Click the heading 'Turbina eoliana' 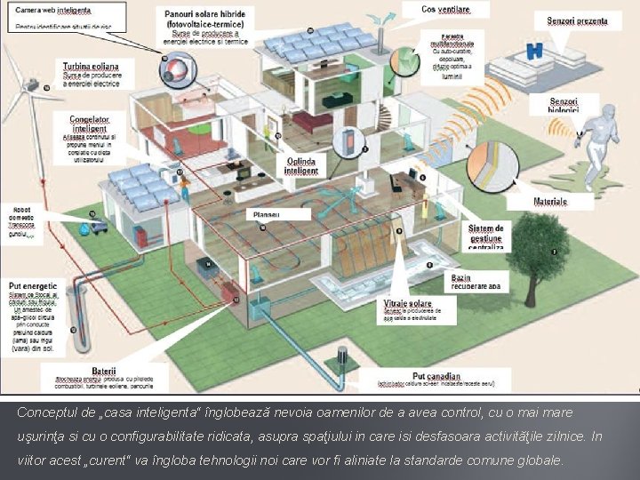(84, 67)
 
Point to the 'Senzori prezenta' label (577, 20)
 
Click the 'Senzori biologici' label (563, 106)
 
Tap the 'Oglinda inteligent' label (300, 165)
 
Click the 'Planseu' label (266, 214)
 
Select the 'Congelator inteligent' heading (84, 123)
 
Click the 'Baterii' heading (104, 371)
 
